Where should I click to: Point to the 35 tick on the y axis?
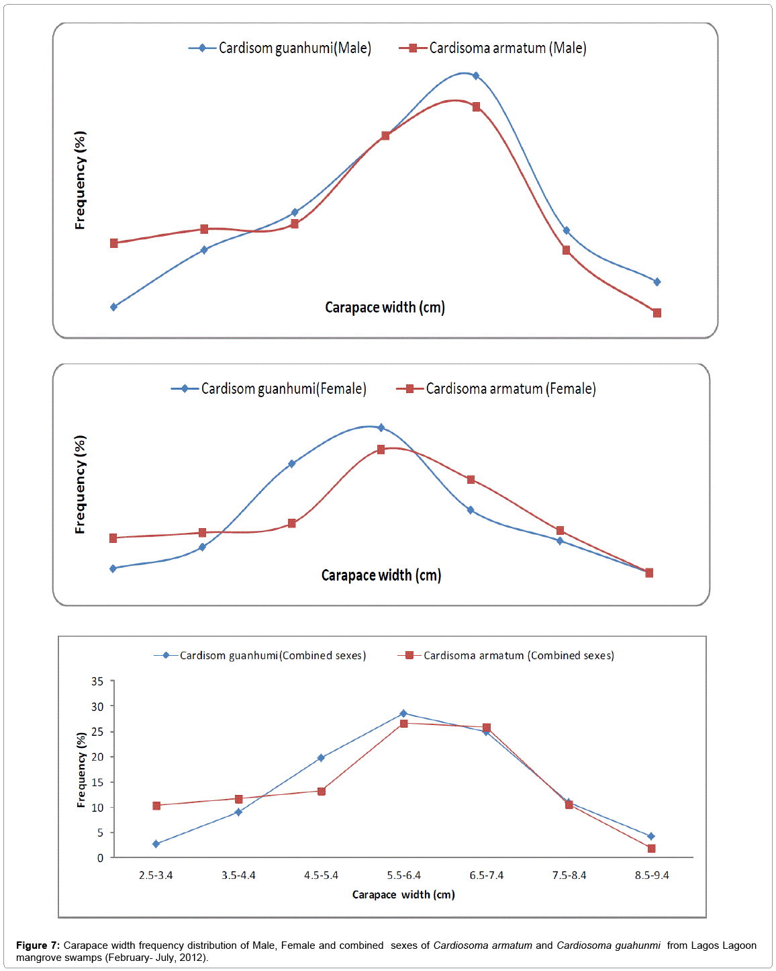coord(98,681)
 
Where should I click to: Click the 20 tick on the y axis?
coord(98,757)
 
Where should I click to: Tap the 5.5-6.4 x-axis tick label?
coord(404,876)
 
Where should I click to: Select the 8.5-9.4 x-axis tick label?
coord(652,876)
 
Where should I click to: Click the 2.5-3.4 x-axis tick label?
coord(156,876)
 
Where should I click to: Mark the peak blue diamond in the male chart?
coord(476,76)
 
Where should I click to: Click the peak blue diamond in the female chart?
coord(381,427)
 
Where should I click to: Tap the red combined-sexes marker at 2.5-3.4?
coord(156,806)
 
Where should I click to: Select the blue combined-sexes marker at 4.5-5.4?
coord(321,758)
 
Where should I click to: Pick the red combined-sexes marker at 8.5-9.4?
coord(651,849)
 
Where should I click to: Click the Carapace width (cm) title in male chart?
coord(385,308)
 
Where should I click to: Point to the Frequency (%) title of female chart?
coord(81,484)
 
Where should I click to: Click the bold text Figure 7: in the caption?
coord(38,945)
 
